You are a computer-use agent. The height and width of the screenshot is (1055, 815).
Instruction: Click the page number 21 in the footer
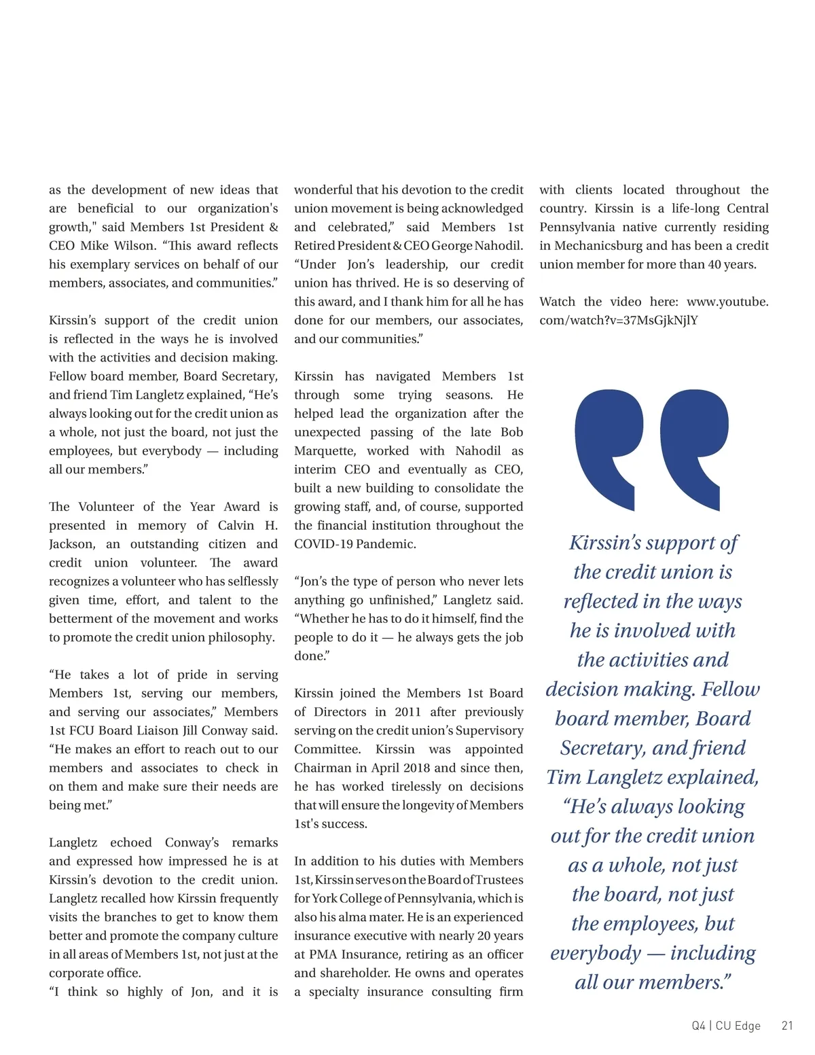(x=787, y=1026)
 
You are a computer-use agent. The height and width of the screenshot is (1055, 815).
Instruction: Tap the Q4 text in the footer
(x=699, y=1026)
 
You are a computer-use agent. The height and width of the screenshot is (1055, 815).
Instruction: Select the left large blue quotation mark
(x=609, y=448)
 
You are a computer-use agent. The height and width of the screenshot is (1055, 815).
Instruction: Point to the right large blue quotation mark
(x=694, y=448)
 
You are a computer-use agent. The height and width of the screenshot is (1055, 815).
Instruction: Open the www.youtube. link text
(x=727, y=302)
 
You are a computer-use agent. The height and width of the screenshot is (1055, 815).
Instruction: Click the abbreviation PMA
(x=323, y=954)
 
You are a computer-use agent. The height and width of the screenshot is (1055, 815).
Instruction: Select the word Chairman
(x=323, y=768)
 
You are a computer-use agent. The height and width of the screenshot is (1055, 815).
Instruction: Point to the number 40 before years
(x=714, y=264)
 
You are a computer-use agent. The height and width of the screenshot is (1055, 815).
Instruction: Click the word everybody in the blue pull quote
(x=596, y=953)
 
